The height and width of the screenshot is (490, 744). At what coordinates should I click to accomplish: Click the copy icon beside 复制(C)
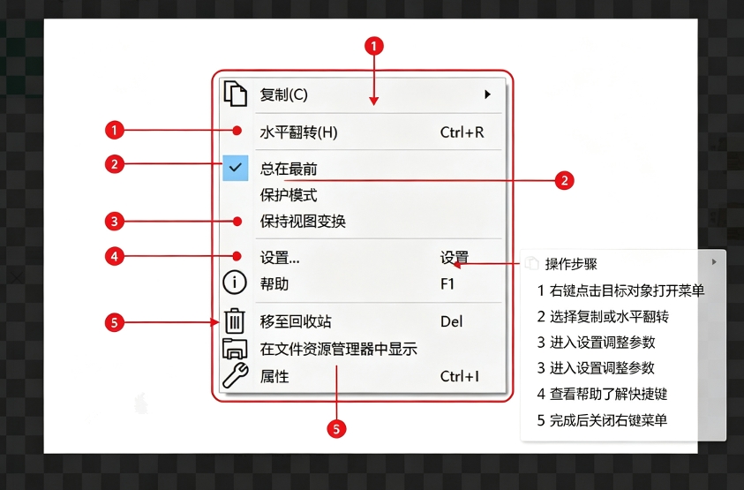(236, 93)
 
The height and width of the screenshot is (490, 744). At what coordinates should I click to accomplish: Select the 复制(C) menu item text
(284, 94)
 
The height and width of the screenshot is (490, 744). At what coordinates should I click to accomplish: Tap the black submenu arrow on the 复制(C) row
(487, 94)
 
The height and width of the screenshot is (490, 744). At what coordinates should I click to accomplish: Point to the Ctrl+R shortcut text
(462, 132)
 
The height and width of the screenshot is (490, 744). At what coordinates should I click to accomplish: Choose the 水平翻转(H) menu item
(298, 132)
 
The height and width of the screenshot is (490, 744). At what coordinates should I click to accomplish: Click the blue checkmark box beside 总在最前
(236, 168)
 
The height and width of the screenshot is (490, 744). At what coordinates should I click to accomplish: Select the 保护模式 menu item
(289, 195)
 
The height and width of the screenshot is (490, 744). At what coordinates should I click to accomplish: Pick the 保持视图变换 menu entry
(303, 222)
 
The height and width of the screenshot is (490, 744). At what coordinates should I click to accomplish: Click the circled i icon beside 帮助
(235, 283)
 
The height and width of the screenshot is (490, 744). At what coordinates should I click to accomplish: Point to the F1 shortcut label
(447, 284)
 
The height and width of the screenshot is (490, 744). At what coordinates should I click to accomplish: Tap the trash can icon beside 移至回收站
(235, 320)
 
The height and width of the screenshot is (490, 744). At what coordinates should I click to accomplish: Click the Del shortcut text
(451, 321)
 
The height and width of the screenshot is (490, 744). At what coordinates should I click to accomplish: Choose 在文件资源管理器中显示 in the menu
(338, 350)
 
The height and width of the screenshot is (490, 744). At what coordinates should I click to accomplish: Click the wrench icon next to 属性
(236, 375)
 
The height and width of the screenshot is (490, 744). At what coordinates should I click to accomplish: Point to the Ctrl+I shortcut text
(459, 376)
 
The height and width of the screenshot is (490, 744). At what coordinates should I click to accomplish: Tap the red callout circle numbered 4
(115, 256)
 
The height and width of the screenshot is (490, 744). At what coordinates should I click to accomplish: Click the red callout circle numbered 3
(115, 222)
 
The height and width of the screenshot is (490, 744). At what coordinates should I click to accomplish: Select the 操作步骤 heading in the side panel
(571, 264)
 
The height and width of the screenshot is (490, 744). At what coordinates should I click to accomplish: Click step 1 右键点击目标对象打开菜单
(620, 290)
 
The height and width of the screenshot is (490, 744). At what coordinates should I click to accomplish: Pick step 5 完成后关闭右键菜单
(602, 420)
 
